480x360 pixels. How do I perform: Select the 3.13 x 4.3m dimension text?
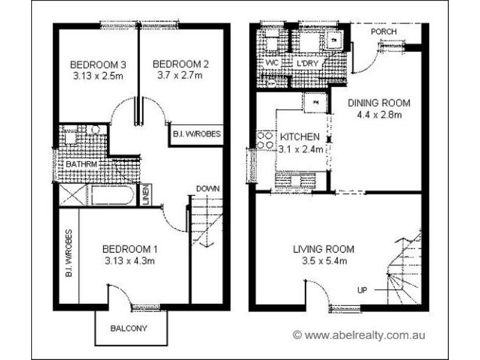128,260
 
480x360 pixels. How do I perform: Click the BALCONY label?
128,328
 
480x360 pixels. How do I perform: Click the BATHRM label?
78,163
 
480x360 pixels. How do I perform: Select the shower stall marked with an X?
72,196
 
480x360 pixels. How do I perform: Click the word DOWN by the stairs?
208,188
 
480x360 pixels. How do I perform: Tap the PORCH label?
383,31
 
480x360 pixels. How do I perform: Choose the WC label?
271,62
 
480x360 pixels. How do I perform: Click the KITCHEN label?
298,137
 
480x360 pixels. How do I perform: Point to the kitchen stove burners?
265,140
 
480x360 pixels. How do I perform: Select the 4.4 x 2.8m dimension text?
376,115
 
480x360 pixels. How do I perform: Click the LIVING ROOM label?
323,249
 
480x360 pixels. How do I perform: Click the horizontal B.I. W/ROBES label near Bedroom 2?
196,134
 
